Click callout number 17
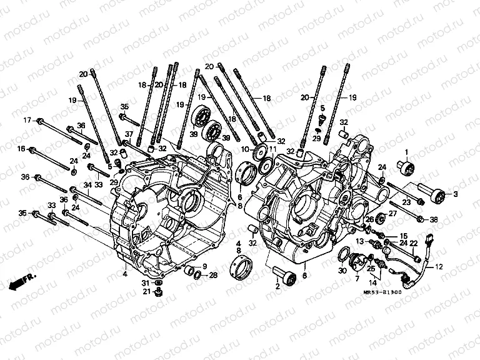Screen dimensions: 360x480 (x=27, y=119)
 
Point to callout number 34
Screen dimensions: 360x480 (x=88, y=184)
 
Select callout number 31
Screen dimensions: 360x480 (x=145, y=282)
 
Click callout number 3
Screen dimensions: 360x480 (x=456, y=194)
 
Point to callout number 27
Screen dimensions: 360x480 (x=393, y=214)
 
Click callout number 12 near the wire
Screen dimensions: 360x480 (x=438, y=267)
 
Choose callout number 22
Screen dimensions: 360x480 (x=413, y=242)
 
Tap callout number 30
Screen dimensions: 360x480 (x=341, y=271)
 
